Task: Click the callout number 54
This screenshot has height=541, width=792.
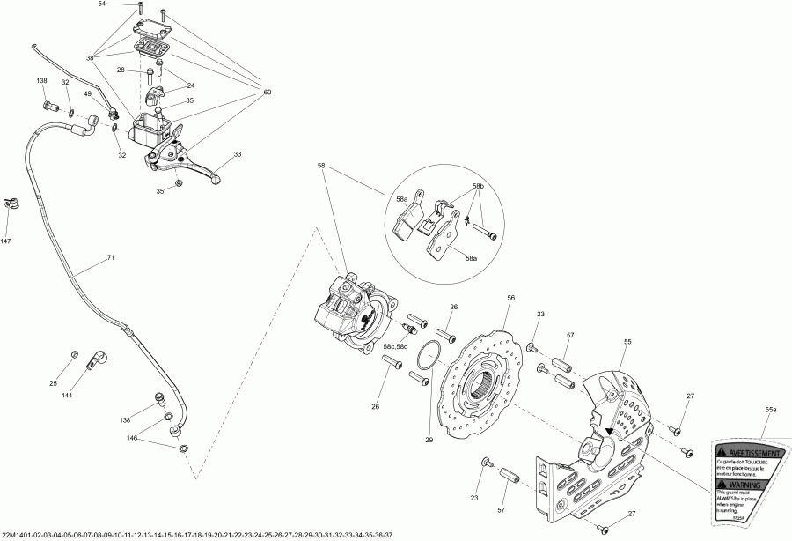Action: point(102,4)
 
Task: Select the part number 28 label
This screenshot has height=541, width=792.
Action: point(121,70)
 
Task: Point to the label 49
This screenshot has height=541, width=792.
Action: point(88,94)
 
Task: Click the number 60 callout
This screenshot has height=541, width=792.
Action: point(268,93)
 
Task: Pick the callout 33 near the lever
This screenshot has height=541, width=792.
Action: point(237,154)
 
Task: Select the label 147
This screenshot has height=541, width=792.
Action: point(6,241)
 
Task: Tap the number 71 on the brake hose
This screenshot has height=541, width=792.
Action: point(111,258)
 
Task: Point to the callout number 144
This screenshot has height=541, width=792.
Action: point(67,396)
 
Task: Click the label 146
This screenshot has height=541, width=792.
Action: point(132,437)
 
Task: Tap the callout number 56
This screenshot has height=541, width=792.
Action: point(510,299)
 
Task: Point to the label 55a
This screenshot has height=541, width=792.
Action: point(770,411)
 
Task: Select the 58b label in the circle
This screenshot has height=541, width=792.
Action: point(479,187)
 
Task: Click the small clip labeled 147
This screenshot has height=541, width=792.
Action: point(11,204)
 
